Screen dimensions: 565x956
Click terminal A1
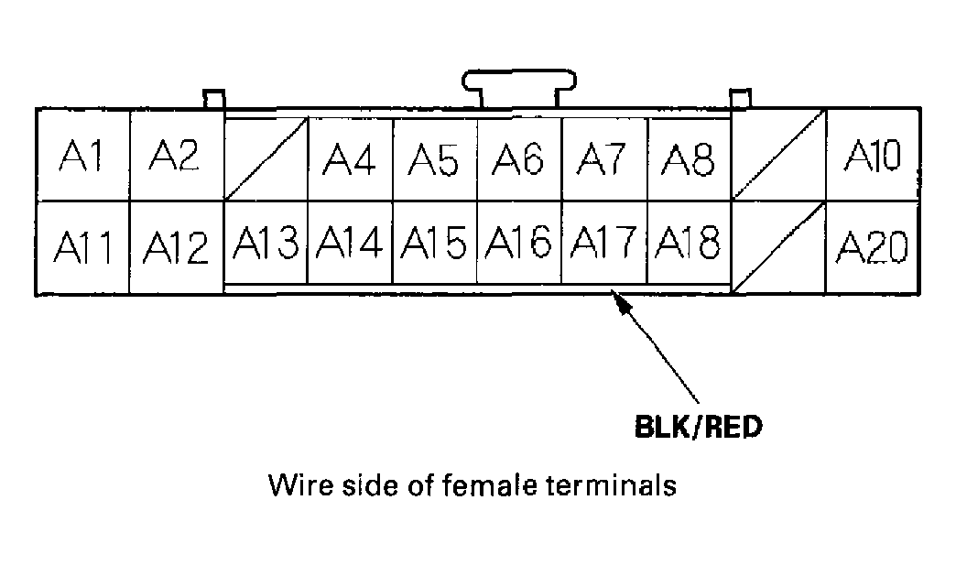click(x=82, y=158)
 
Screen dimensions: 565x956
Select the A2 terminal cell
click(x=175, y=158)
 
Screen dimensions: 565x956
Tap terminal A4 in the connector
click(x=350, y=160)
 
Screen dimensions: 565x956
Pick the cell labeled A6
click(x=518, y=160)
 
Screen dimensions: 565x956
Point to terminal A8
click(x=689, y=160)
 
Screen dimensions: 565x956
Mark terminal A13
click(x=265, y=244)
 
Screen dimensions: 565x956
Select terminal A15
click(x=434, y=244)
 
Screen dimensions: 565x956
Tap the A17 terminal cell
click(x=603, y=244)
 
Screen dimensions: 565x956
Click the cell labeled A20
click(x=873, y=245)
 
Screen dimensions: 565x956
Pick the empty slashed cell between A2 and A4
click(x=266, y=160)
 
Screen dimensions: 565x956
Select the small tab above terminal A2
click(x=212, y=98)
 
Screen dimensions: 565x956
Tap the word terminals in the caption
click(x=613, y=484)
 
